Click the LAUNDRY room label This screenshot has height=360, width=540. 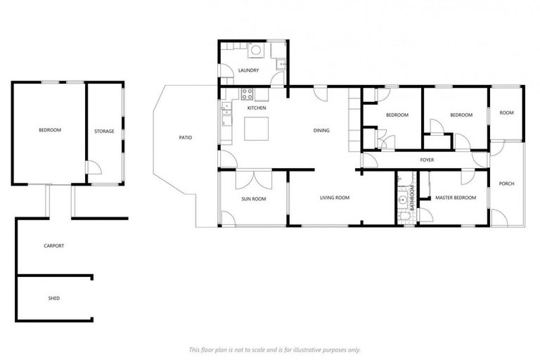[x=248, y=70]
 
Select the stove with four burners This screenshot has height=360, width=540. [x=247, y=94]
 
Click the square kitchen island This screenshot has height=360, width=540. [x=256, y=129]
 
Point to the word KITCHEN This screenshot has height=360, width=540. [x=256, y=108]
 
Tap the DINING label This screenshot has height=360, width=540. [x=321, y=130]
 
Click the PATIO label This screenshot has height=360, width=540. [x=185, y=137]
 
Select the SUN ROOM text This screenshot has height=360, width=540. [x=253, y=198]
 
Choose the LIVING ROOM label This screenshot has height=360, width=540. [x=335, y=198]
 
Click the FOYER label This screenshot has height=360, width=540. [x=427, y=160]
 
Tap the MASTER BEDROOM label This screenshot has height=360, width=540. [x=455, y=198]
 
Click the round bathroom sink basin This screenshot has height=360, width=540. [x=403, y=200]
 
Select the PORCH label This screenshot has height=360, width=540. [x=506, y=184]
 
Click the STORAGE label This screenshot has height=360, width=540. [x=104, y=131]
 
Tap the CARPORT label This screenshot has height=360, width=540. [x=54, y=245]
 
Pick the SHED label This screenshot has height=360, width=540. [x=53, y=298]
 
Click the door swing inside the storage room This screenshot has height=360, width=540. [x=93, y=168]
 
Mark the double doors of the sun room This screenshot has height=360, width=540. [x=254, y=180]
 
